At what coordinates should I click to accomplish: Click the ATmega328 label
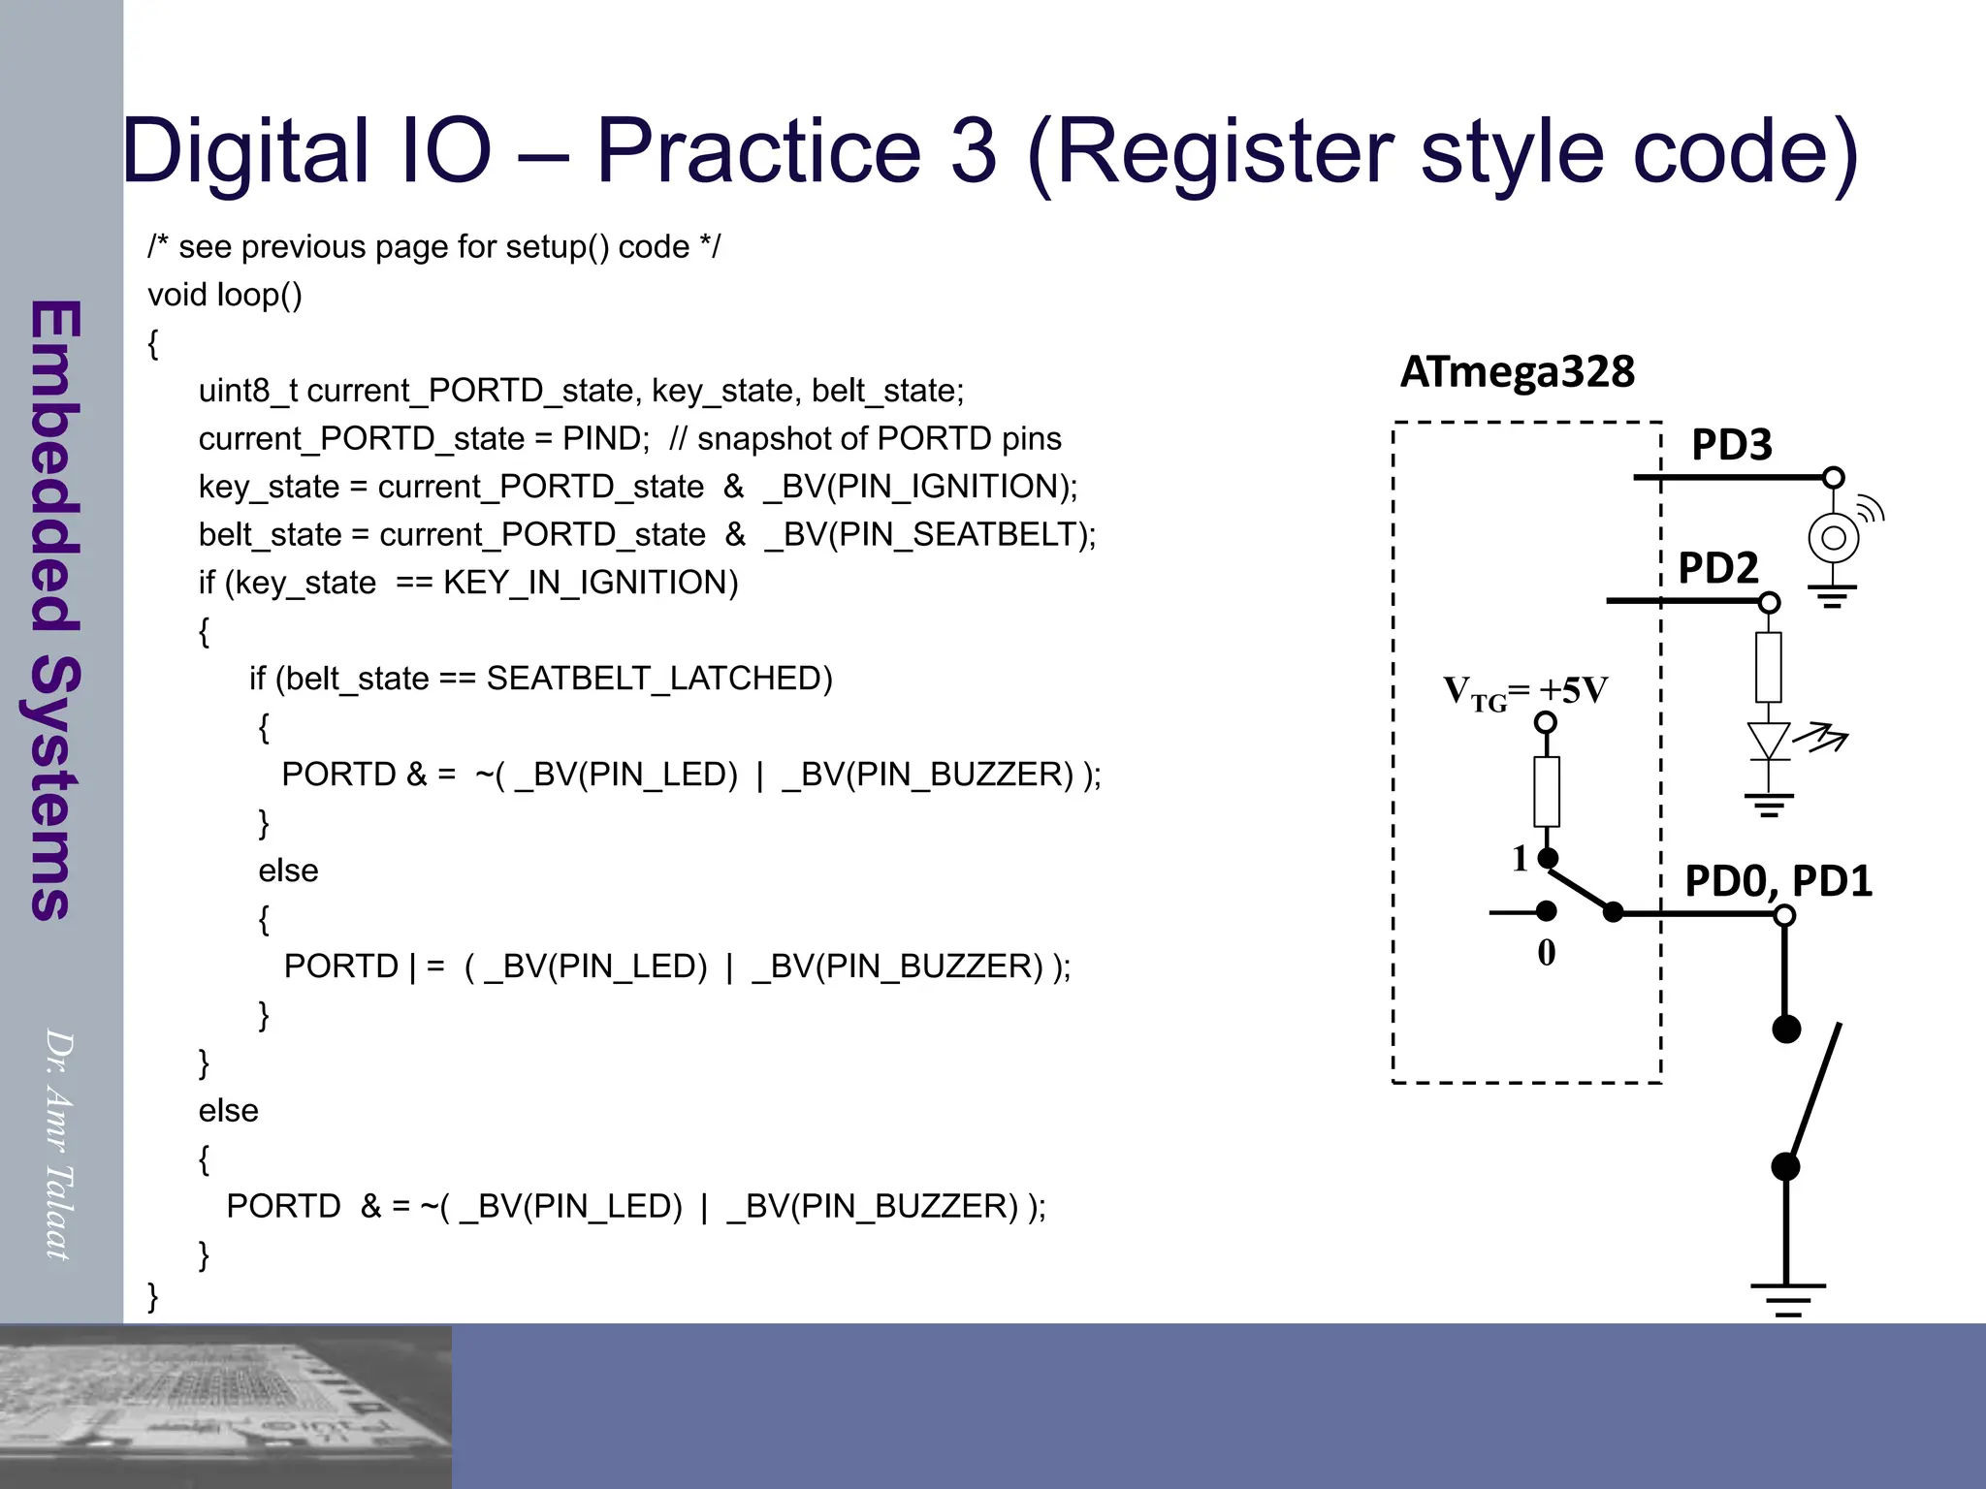(1517, 372)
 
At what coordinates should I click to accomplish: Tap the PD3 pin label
(1731, 445)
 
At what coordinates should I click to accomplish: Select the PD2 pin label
(1717, 568)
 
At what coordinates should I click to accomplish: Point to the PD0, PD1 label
(1778, 881)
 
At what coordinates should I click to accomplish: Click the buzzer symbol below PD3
(1833, 538)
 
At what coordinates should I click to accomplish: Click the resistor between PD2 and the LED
(1769, 667)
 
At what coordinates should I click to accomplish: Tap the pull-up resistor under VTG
(1547, 791)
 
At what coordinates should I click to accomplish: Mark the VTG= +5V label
(1524, 692)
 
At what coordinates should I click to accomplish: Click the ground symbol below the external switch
(1787, 1297)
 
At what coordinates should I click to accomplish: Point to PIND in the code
(605, 438)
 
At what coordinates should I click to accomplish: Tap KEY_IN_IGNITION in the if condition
(591, 583)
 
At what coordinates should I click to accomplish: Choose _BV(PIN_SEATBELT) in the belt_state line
(930, 534)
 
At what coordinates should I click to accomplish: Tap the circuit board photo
(226, 1406)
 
